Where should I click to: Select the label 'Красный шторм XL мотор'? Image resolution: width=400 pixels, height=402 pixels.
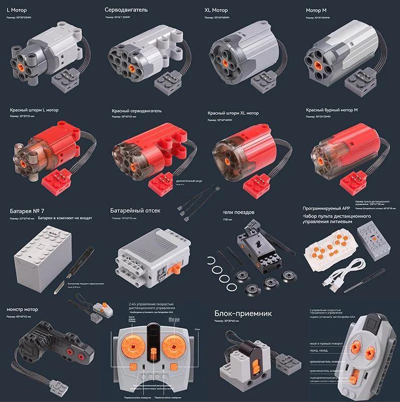click(233, 113)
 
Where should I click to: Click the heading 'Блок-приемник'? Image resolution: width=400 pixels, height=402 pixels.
click(243, 314)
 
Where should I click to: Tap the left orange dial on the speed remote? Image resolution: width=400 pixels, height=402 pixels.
click(135, 348)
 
